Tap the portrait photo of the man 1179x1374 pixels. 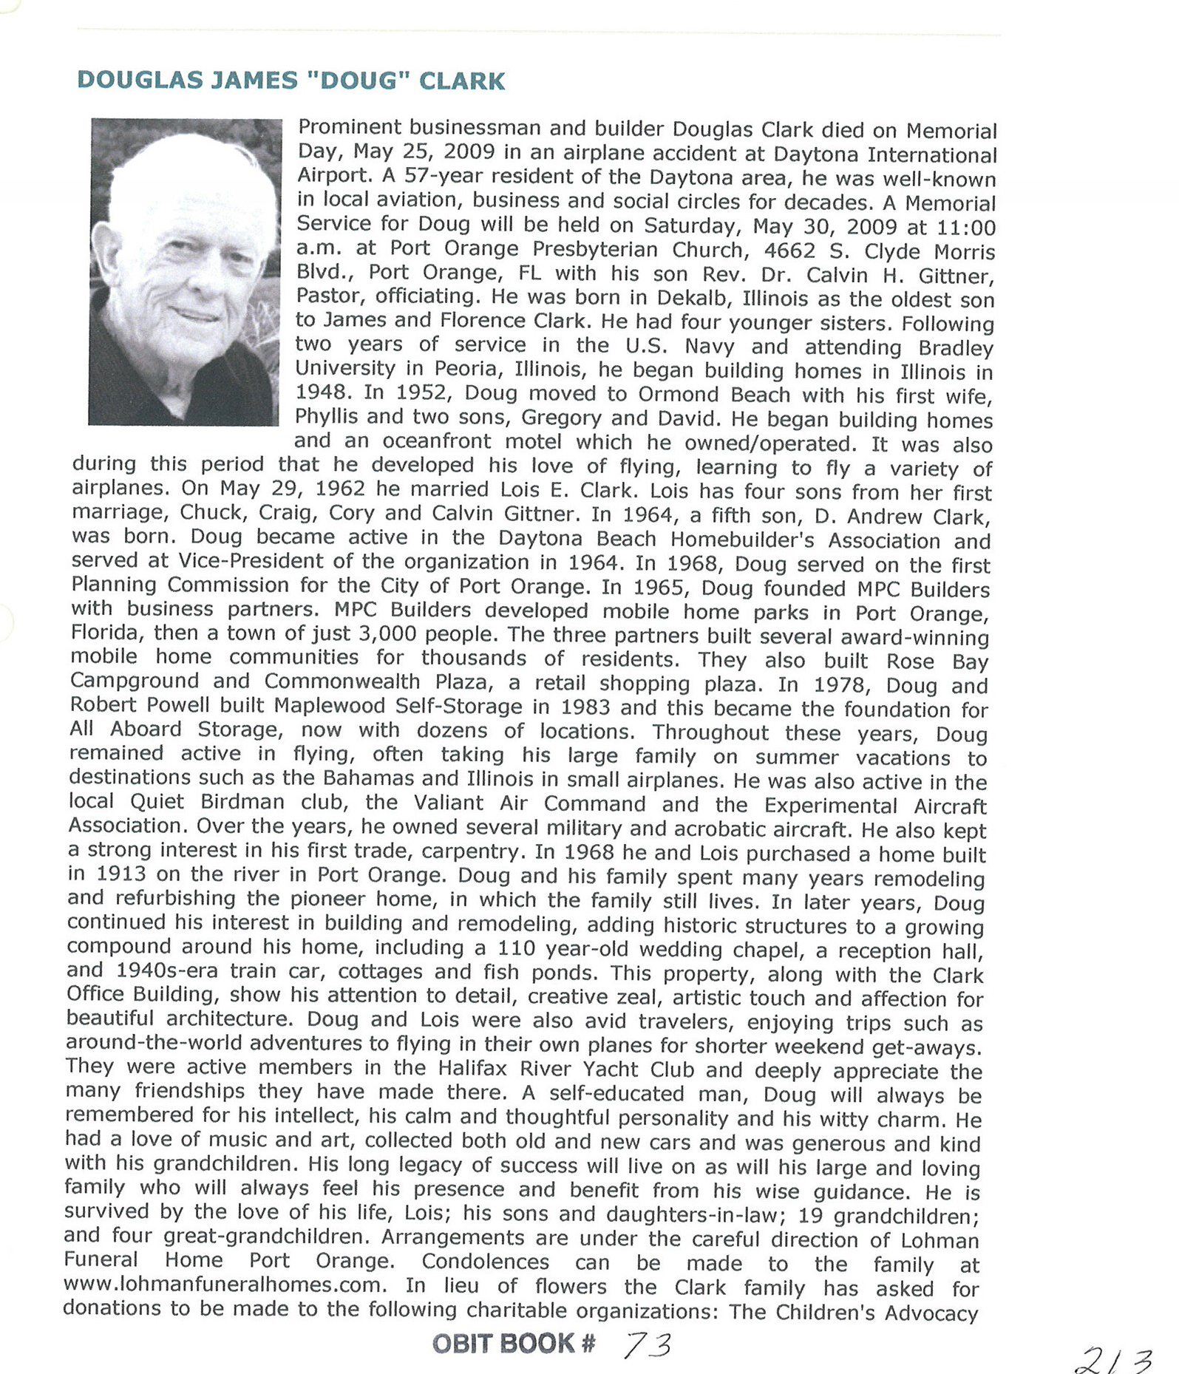(x=185, y=272)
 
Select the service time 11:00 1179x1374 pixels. (x=965, y=227)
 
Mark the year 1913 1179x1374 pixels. (x=122, y=874)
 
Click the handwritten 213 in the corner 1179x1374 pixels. (x=1118, y=1357)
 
